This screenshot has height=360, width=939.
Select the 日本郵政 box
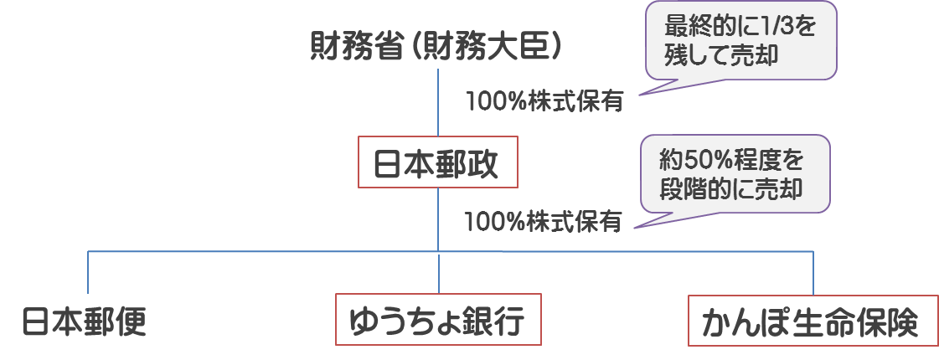[438, 162]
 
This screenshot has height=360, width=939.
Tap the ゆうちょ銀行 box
[438, 320]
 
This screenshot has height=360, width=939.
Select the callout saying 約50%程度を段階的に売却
[734, 172]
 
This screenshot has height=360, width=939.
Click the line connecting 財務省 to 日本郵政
[438, 100]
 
